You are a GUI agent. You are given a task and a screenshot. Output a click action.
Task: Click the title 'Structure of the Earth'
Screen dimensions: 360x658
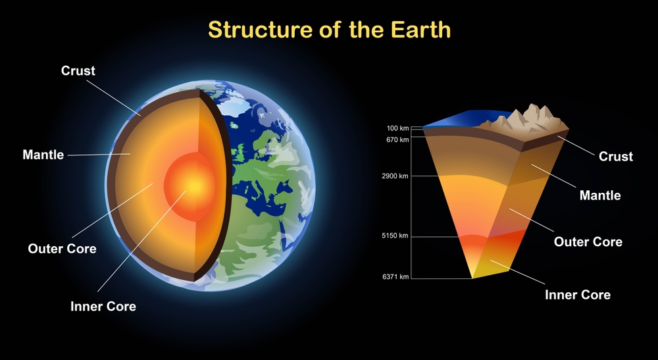point(329,30)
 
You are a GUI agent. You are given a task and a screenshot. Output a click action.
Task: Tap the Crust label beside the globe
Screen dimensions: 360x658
point(78,70)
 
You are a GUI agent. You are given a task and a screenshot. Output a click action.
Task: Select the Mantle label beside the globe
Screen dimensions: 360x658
point(43,155)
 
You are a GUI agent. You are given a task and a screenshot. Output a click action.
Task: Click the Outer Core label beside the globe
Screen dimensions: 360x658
point(62,249)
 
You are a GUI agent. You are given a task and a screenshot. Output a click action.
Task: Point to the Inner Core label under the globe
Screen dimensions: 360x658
point(103,306)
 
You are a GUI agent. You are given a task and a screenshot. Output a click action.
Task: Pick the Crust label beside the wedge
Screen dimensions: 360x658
point(615,157)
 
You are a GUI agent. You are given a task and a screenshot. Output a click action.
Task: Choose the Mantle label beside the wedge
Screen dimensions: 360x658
point(599,195)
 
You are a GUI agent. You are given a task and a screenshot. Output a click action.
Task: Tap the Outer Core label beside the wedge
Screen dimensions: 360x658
point(588,242)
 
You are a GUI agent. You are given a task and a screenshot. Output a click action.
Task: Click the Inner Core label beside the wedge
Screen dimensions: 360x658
point(578,294)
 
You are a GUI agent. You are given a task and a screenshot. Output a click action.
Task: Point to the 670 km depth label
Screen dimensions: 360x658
point(397,140)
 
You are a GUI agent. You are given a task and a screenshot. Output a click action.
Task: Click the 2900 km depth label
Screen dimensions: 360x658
point(395,176)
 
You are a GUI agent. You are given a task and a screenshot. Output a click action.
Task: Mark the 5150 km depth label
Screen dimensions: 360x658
point(395,236)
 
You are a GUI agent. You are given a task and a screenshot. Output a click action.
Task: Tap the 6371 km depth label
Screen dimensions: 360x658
point(395,277)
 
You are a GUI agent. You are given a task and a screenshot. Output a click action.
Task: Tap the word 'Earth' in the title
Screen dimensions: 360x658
point(420,30)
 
